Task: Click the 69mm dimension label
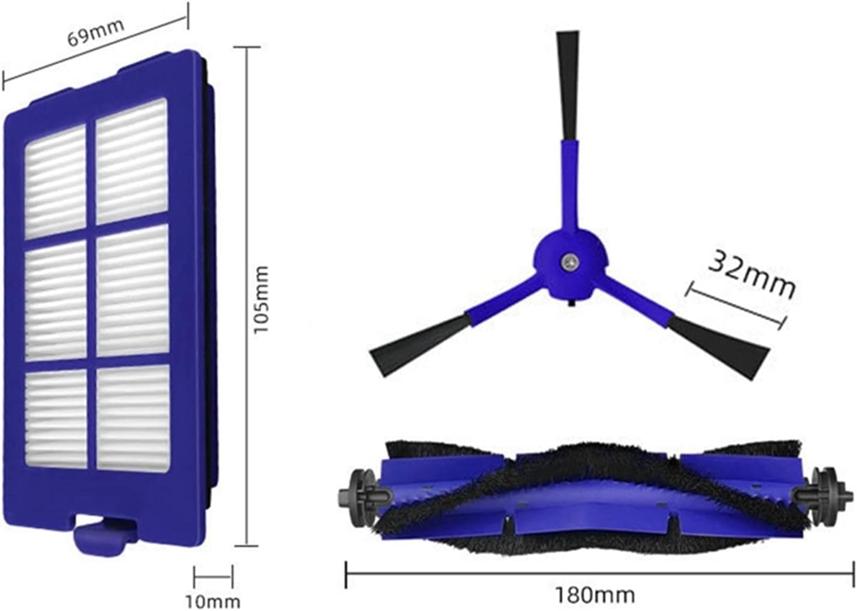96,32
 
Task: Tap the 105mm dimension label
262,299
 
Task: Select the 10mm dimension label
213,602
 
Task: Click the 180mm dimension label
595,595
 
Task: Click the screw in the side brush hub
568,262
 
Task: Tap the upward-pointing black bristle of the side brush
568,86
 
